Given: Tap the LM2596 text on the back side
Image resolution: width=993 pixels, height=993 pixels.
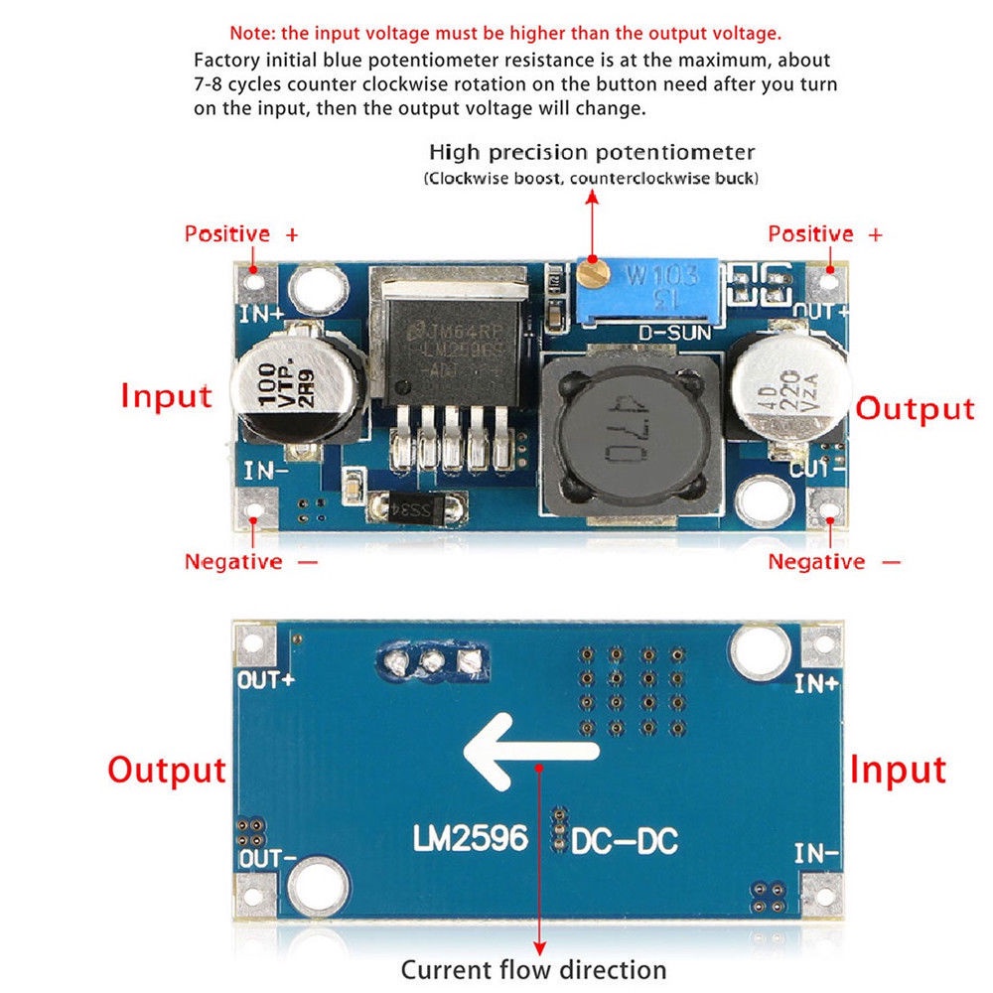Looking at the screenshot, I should click(x=471, y=839).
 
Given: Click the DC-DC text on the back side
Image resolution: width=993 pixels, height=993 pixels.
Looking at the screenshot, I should click(x=625, y=841).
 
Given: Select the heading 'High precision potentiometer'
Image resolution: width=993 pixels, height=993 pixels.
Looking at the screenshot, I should click(x=592, y=153).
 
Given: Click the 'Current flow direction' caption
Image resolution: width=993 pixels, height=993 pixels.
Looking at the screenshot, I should click(x=533, y=969).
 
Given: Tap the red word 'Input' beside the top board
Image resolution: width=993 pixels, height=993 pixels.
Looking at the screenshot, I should click(x=166, y=395).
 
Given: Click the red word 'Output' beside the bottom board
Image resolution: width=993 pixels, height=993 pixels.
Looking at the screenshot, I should click(x=167, y=770).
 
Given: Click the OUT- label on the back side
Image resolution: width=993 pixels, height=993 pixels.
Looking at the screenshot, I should click(x=265, y=858).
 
